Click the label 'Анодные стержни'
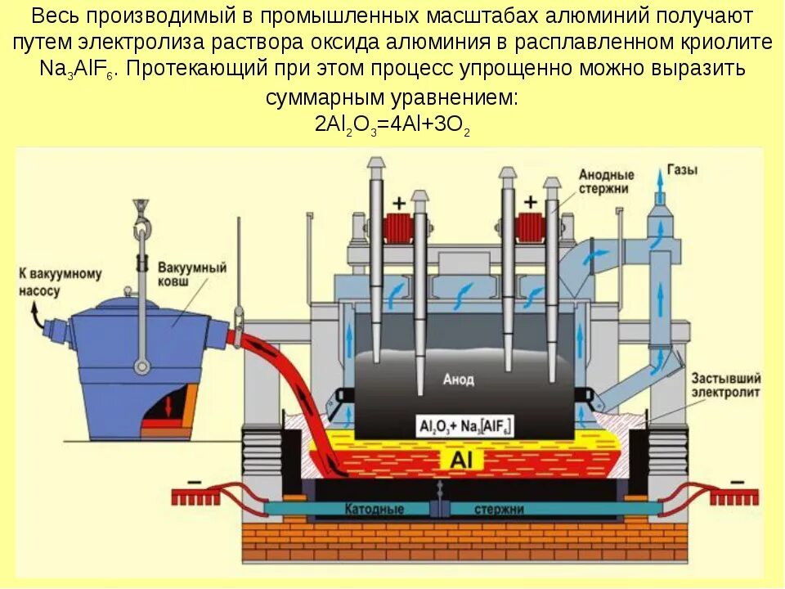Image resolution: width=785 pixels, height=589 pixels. click(x=606, y=181)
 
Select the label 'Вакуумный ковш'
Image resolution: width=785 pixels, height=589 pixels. click(x=187, y=274)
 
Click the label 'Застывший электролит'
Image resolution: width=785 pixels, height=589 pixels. click(x=725, y=385)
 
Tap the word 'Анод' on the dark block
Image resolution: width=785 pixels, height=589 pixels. click(x=458, y=380)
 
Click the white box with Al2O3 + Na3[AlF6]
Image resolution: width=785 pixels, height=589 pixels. click(x=465, y=425)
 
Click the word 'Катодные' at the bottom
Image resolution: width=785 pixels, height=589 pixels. click(x=375, y=509)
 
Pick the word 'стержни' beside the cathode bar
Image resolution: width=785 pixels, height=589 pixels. click(x=498, y=509)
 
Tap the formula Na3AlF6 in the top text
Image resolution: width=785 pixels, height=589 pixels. click(x=78, y=68)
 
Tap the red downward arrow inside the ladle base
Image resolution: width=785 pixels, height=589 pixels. click(x=170, y=405)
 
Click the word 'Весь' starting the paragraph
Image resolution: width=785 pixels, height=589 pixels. click(x=53, y=16)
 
